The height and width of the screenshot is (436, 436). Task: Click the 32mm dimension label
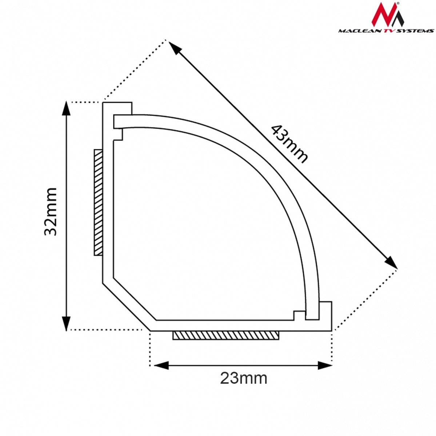[x=50, y=212]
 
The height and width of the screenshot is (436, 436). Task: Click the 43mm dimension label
[x=289, y=144]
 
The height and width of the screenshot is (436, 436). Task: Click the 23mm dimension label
[x=244, y=378]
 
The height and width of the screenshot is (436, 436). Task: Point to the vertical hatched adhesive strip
[x=98, y=202]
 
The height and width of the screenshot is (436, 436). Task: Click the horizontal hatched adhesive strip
[x=225, y=336]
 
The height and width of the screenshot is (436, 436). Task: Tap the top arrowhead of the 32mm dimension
[x=66, y=108]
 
